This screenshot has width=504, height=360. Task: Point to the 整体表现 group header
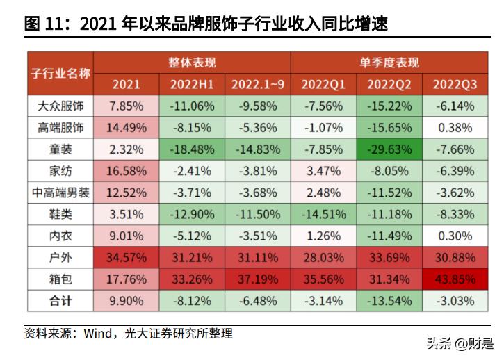192,63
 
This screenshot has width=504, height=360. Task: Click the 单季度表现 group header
389,63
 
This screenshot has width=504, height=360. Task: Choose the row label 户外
60,258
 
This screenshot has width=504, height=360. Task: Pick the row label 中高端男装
60,193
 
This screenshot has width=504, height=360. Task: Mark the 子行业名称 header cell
60,73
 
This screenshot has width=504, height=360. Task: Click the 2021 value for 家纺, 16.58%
126,171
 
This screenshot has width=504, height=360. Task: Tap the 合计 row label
60,301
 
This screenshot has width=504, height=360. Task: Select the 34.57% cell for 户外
126,258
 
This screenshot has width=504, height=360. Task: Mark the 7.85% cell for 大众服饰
126,106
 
